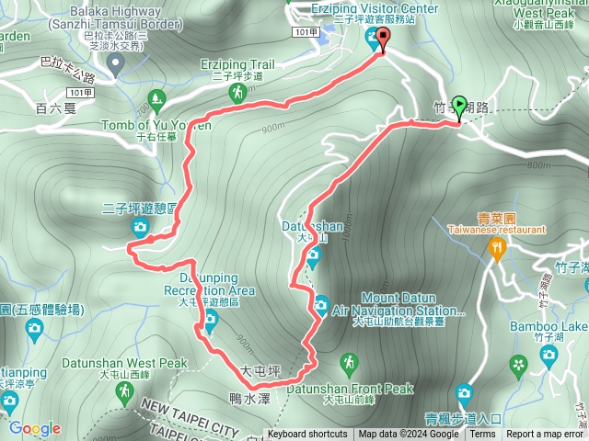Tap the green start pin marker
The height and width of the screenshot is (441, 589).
458,108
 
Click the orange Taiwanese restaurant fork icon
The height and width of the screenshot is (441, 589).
498,246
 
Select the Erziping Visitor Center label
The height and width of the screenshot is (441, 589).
375,8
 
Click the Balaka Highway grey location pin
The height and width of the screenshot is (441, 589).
115,62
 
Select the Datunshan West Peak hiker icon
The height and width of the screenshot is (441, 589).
123,392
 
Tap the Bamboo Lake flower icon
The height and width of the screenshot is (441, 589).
520,366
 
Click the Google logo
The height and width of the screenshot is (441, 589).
35,428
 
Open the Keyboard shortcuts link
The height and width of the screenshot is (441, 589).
307,435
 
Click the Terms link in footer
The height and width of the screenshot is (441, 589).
481,435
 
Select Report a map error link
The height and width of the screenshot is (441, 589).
545,435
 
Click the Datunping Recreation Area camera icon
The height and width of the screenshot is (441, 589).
210,320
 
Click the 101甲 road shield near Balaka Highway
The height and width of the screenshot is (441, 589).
81,92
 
